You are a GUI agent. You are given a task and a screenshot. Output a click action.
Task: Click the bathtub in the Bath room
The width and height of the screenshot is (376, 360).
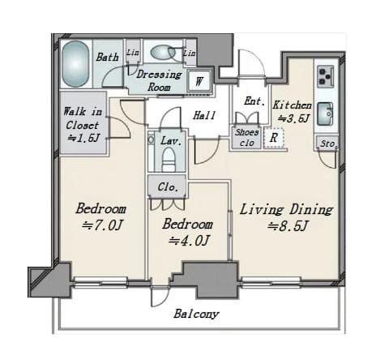[x=75, y=64]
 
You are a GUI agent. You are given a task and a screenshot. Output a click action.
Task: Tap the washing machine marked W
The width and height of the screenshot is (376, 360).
[x=199, y=80]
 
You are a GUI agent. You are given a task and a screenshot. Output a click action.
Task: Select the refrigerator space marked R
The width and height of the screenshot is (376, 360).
[x=274, y=138]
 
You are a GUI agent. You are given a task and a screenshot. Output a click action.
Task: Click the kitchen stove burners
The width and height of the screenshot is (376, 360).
[x=325, y=76]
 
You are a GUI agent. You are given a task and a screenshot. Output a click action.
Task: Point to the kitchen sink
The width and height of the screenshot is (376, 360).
[x=325, y=114]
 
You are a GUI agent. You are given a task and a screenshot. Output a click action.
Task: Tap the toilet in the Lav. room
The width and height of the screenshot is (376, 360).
[x=169, y=160]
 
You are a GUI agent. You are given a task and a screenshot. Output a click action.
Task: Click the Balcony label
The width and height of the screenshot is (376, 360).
[x=196, y=314]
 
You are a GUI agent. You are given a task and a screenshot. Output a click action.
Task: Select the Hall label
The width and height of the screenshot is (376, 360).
[x=204, y=116]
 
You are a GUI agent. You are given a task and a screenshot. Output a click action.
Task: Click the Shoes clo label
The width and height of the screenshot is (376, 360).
[x=246, y=138]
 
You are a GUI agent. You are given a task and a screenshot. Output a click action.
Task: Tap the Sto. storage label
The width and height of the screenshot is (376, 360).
[x=328, y=144]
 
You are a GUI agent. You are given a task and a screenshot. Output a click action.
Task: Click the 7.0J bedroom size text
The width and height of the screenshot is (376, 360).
[x=102, y=225]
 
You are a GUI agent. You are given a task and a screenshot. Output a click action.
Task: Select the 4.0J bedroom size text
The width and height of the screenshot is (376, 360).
[x=189, y=240]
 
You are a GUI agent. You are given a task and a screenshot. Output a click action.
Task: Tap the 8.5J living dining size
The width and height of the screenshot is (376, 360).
[x=288, y=226]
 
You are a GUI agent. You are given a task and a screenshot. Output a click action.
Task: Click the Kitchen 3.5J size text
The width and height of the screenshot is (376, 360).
[x=293, y=118]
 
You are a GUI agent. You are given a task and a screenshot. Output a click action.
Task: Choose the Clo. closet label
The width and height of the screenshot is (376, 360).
[x=168, y=187]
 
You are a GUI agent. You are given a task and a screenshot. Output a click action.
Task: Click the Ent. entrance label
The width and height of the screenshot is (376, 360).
[x=254, y=101]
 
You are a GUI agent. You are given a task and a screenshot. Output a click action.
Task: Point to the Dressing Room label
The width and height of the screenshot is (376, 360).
[x=159, y=80]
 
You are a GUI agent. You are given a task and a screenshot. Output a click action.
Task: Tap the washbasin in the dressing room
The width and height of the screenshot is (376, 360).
[x=163, y=52]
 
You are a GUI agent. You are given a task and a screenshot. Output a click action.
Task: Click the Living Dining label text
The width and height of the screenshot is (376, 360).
[x=286, y=210]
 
